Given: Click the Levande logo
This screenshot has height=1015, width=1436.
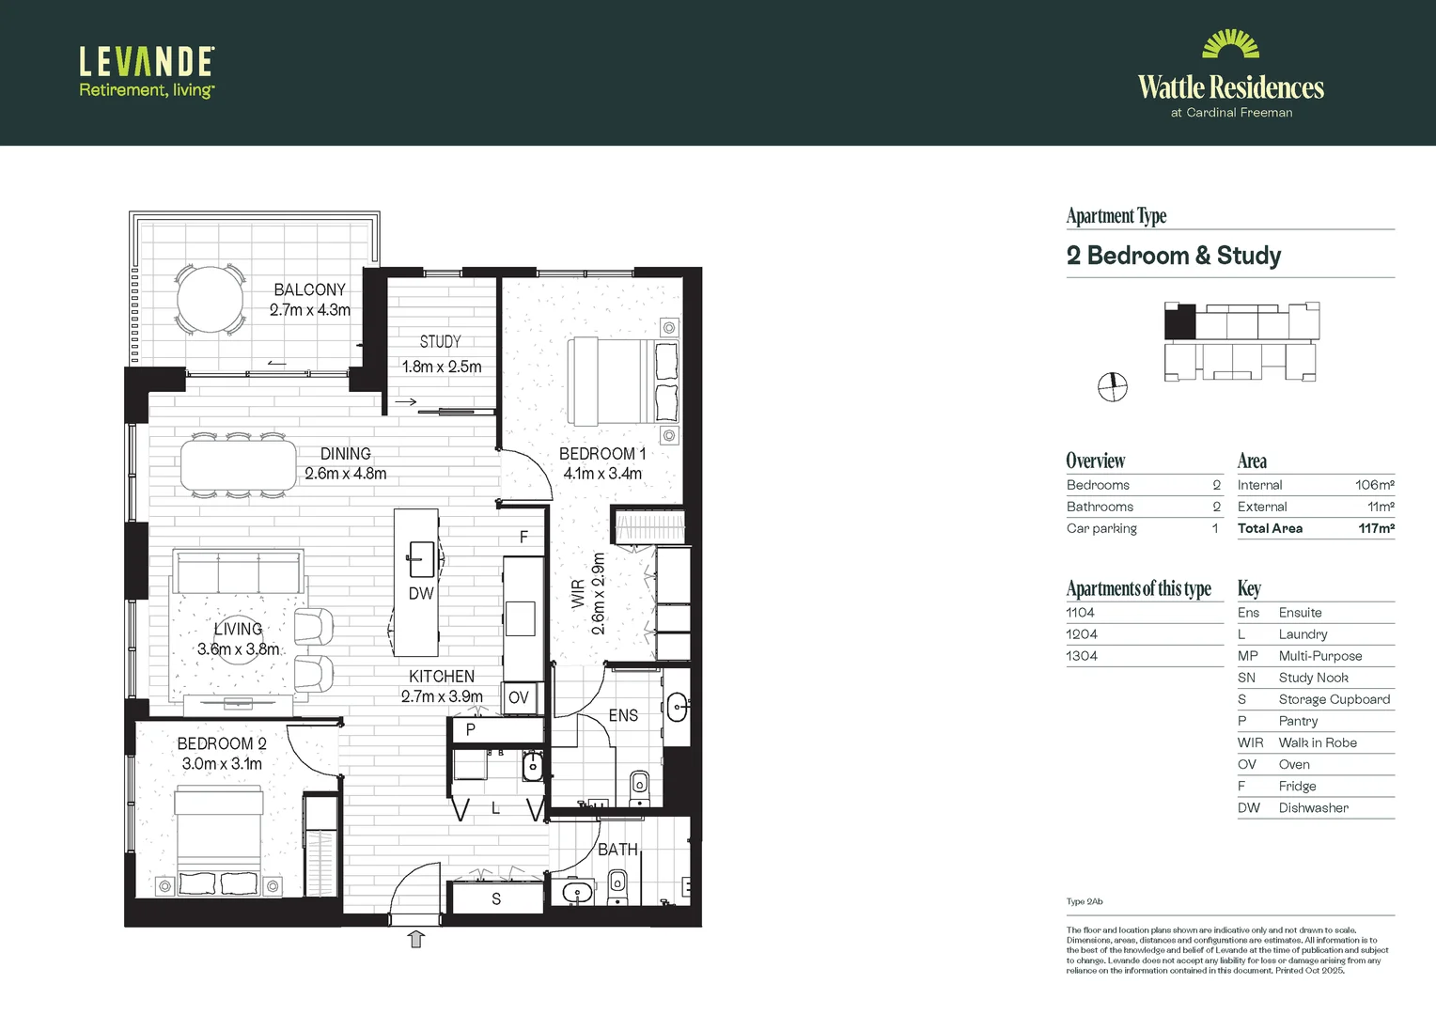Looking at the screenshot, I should [147, 71].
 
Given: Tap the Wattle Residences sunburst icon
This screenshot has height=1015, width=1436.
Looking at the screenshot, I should [1230, 45].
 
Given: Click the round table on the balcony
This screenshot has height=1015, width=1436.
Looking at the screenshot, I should [211, 300].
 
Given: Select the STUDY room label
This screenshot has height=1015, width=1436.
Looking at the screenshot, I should [441, 342].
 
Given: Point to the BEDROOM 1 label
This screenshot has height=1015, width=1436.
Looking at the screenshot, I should [601, 454].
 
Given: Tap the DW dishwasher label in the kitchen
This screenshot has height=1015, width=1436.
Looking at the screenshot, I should [421, 594].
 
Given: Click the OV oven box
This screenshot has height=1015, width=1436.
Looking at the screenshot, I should [519, 697].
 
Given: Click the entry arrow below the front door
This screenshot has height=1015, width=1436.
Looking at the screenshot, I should [416, 939].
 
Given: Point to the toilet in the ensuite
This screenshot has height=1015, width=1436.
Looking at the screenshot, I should [640, 786].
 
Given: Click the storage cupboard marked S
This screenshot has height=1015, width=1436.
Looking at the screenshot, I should [496, 899].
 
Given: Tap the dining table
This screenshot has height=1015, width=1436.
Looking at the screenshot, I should [239, 465].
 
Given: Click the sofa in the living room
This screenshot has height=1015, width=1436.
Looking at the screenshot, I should [238, 571].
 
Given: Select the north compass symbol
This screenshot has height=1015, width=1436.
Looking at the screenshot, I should [1113, 386].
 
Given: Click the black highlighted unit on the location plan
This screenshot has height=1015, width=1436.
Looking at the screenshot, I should [1180, 322].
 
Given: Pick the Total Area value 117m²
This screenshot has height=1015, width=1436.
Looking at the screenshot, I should [1376, 528].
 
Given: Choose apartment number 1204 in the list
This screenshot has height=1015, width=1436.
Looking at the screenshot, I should [1082, 634].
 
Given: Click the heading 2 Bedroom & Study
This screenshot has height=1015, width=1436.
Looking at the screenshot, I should [1174, 256].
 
